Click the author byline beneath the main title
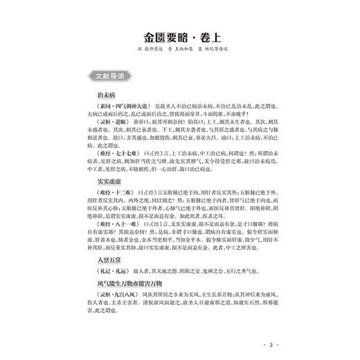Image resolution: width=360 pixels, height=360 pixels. pos(182,53)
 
